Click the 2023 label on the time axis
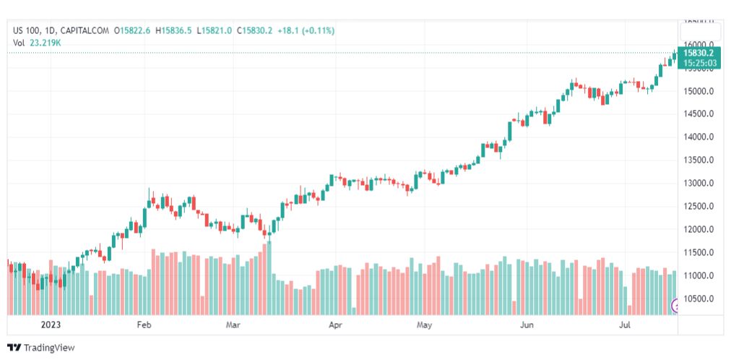51,325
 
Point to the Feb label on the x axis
144,325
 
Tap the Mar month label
233,325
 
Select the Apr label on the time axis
335,325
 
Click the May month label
424,325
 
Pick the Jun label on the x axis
527,325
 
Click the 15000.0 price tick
700,91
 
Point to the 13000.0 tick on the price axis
700,184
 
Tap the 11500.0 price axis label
700,252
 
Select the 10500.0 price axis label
700,299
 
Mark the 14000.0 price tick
700,137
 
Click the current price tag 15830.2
699,53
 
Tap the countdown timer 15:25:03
699,63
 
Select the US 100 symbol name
27,30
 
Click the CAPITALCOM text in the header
86,30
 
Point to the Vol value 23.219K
46,43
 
